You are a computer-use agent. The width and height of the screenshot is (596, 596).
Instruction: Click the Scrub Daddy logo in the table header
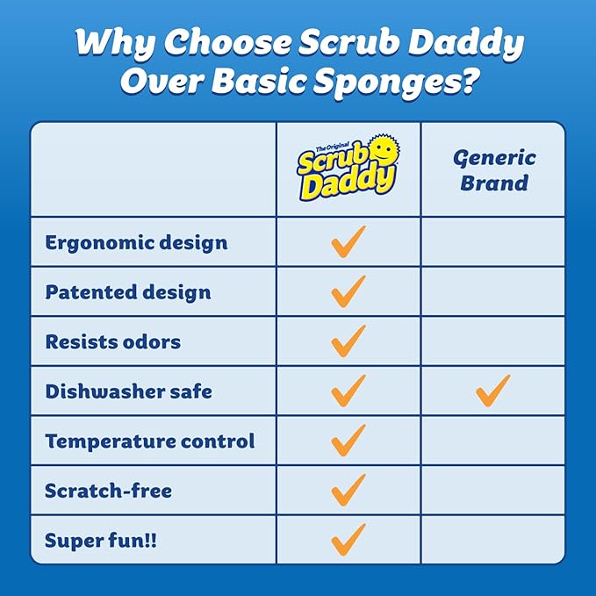[x=348, y=169]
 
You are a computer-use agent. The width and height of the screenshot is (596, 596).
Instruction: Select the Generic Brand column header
[x=494, y=170]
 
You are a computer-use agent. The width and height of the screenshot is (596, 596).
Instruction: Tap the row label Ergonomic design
[x=136, y=242]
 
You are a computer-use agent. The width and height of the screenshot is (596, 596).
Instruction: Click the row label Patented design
[x=128, y=292]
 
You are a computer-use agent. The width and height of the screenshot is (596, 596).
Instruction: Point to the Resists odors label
[x=112, y=341]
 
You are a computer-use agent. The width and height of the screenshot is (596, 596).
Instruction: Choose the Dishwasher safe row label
[x=128, y=391]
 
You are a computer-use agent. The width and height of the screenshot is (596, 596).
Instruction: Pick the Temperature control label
[x=150, y=441]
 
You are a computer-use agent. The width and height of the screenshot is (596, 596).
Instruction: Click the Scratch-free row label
[x=109, y=491]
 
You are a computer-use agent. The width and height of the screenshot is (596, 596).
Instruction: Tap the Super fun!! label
[x=101, y=540]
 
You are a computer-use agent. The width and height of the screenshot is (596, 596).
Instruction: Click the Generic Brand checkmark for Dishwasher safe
[x=493, y=390]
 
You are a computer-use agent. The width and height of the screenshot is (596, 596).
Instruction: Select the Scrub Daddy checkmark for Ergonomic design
[x=348, y=241]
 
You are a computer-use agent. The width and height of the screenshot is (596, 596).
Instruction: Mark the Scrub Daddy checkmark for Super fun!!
[x=348, y=538]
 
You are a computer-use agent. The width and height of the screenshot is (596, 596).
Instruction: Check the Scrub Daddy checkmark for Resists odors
[x=348, y=341]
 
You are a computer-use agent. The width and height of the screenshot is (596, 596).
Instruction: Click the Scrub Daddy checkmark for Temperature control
[x=348, y=440]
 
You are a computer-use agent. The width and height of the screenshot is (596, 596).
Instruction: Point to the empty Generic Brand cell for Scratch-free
[x=493, y=490]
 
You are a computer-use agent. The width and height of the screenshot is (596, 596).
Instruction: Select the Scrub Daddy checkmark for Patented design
[x=348, y=291]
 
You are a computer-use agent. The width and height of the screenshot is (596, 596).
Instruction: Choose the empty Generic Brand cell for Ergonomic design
[x=493, y=242]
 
